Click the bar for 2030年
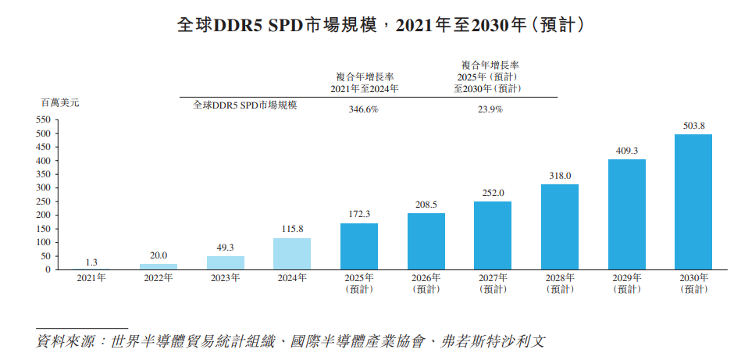(x=693, y=201)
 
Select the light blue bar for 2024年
(x=292, y=254)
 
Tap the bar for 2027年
(x=493, y=235)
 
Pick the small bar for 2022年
(x=159, y=266)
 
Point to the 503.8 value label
(x=693, y=126)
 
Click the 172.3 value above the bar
(x=359, y=214)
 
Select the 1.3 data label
(x=91, y=262)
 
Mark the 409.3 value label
(x=626, y=151)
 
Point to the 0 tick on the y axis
(x=48, y=269)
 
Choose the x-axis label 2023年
(x=226, y=278)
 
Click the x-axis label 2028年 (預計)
(x=559, y=283)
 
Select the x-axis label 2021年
(x=92, y=278)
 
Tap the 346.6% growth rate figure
(x=363, y=110)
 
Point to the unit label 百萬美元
(x=60, y=102)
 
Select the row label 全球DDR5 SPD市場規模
(x=245, y=105)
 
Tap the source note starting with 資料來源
(x=290, y=341)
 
